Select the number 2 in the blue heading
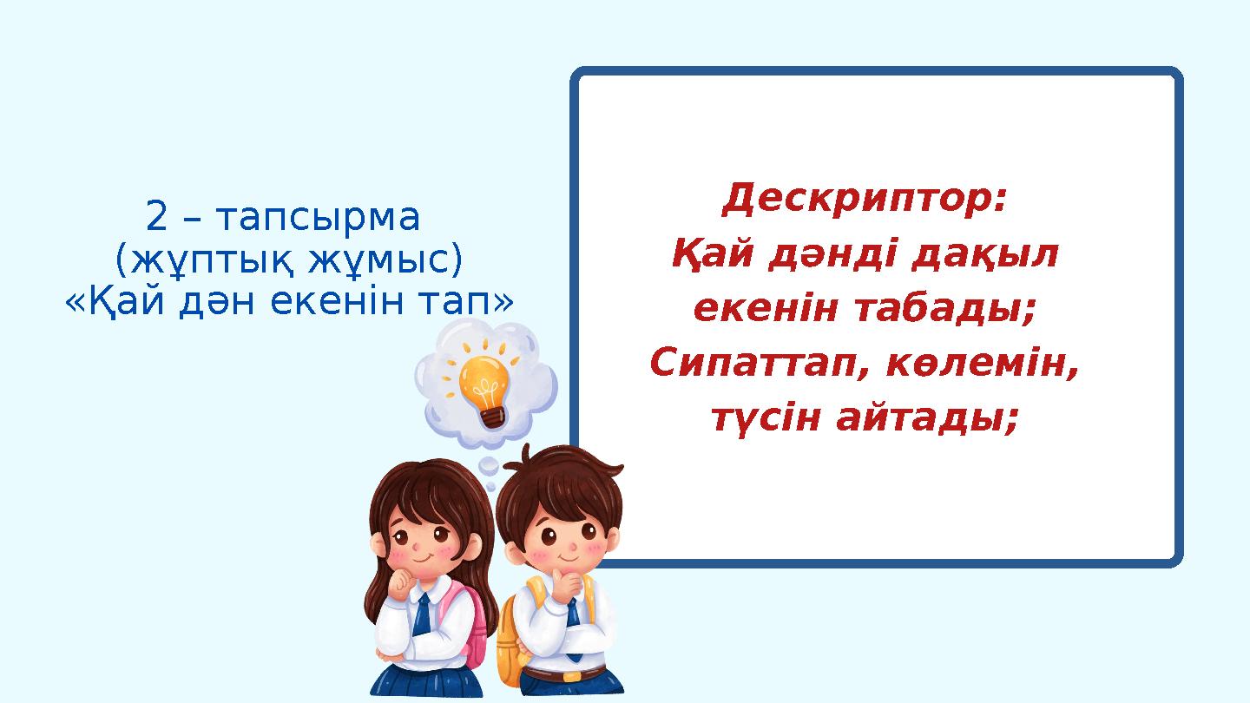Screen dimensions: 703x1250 point(156,217)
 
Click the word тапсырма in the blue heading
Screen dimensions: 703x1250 point(318,218)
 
